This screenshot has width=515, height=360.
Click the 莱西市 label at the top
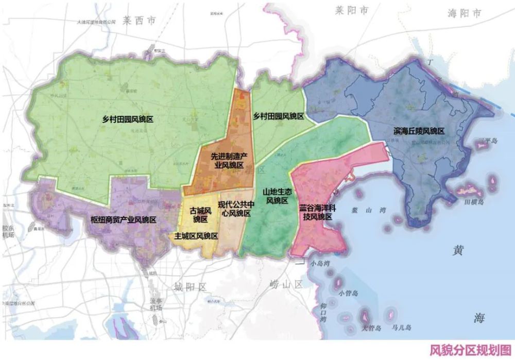(x=139, y=21)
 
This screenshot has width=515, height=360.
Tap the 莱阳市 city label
(x=352, y=10)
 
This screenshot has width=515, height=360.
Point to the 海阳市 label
(x=464, y=13)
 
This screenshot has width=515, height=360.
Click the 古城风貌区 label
(x=200, y=215)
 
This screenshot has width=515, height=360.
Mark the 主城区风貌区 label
(x=196, y=236)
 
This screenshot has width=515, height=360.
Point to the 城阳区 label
(x=190, y=286)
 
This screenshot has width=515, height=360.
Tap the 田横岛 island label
(x=473, y=203)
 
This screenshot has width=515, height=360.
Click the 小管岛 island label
(x=349, y=293)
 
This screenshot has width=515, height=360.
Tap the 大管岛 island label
(x=370, y=328)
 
